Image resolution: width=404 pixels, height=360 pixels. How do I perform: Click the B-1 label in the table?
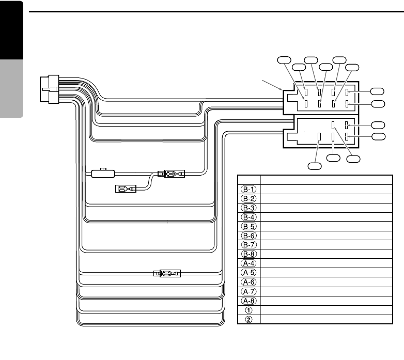pos(248,189)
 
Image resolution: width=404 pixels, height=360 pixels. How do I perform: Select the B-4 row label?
pos(248,216)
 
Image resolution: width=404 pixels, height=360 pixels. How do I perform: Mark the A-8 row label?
pos(248,301)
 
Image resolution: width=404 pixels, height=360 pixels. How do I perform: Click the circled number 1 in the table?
pos(248,310)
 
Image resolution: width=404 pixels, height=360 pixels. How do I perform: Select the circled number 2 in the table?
pos(248,319)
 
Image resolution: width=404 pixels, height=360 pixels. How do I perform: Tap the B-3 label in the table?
pos(248,207)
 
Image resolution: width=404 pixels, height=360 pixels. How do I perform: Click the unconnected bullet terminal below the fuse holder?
pos(126,189)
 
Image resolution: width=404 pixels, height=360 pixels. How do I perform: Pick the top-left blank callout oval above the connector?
pos(284,59)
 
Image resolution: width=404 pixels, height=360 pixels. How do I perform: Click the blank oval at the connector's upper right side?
pos(378,91)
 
